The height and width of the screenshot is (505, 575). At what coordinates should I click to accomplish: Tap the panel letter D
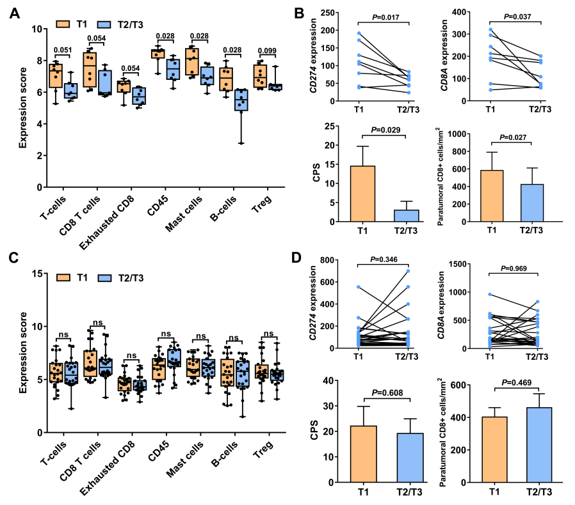[x=296, y=258]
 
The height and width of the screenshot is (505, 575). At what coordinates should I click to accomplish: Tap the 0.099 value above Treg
[x=266, y=51]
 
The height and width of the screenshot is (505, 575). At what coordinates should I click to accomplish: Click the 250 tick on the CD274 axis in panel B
[x=336, y=12]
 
